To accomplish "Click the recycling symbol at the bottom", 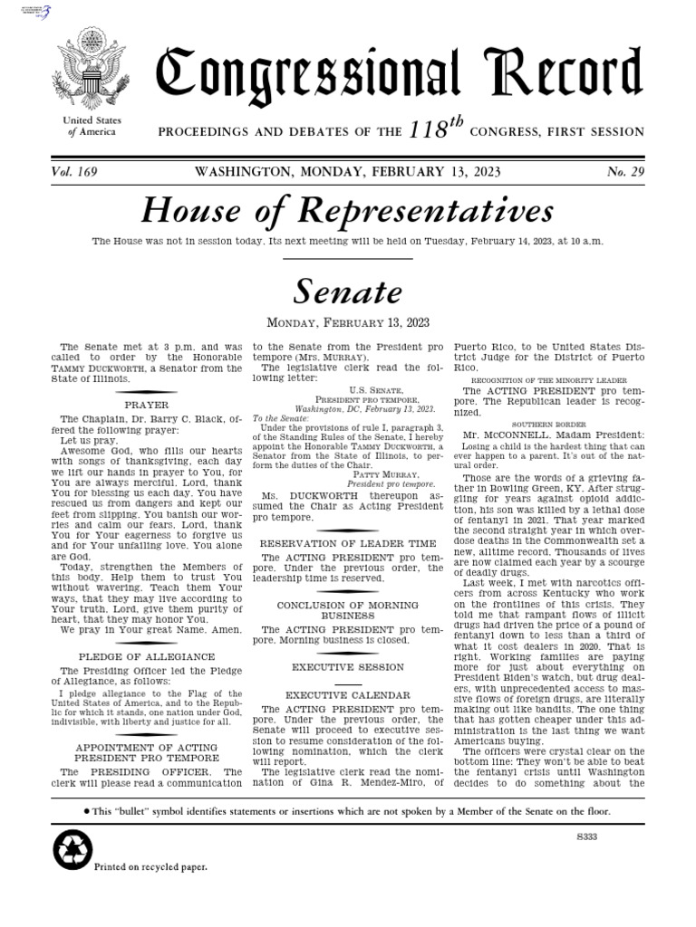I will click(69, 850).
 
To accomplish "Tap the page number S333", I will click(588, 838).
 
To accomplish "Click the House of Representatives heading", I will click(348, 212).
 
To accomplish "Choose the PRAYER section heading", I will click(146, 406).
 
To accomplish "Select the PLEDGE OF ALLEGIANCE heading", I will click(146, 656).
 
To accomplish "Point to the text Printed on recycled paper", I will click(151, 866).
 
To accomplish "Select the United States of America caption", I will click(92, 127).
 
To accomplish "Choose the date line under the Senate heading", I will click(348, 322).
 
